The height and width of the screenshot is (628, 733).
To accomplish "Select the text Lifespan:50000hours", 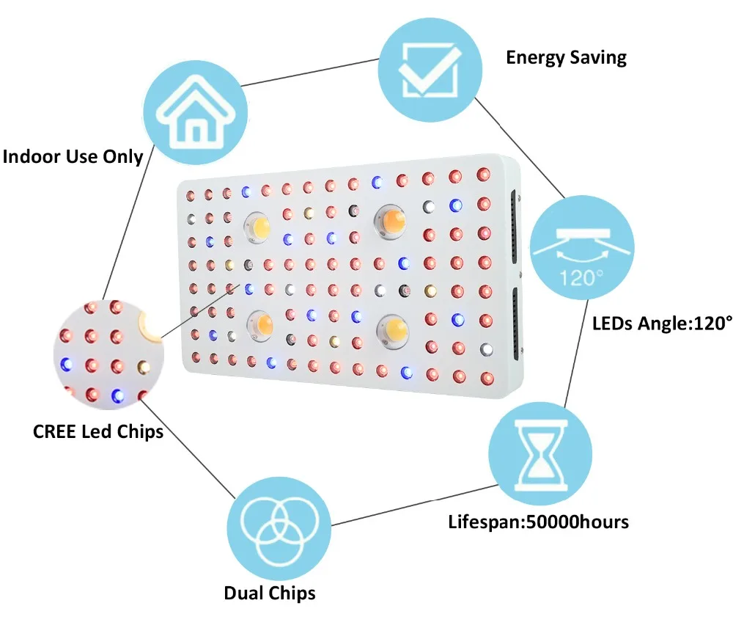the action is (539, 522).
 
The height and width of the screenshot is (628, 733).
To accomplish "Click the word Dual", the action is (246, 593).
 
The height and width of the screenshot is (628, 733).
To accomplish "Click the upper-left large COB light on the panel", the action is (259, 224).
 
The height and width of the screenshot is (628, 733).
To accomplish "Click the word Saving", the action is (597, 58).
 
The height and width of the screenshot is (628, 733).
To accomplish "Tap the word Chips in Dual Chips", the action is (292, 593).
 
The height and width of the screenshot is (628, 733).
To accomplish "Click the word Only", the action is (119, 156).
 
